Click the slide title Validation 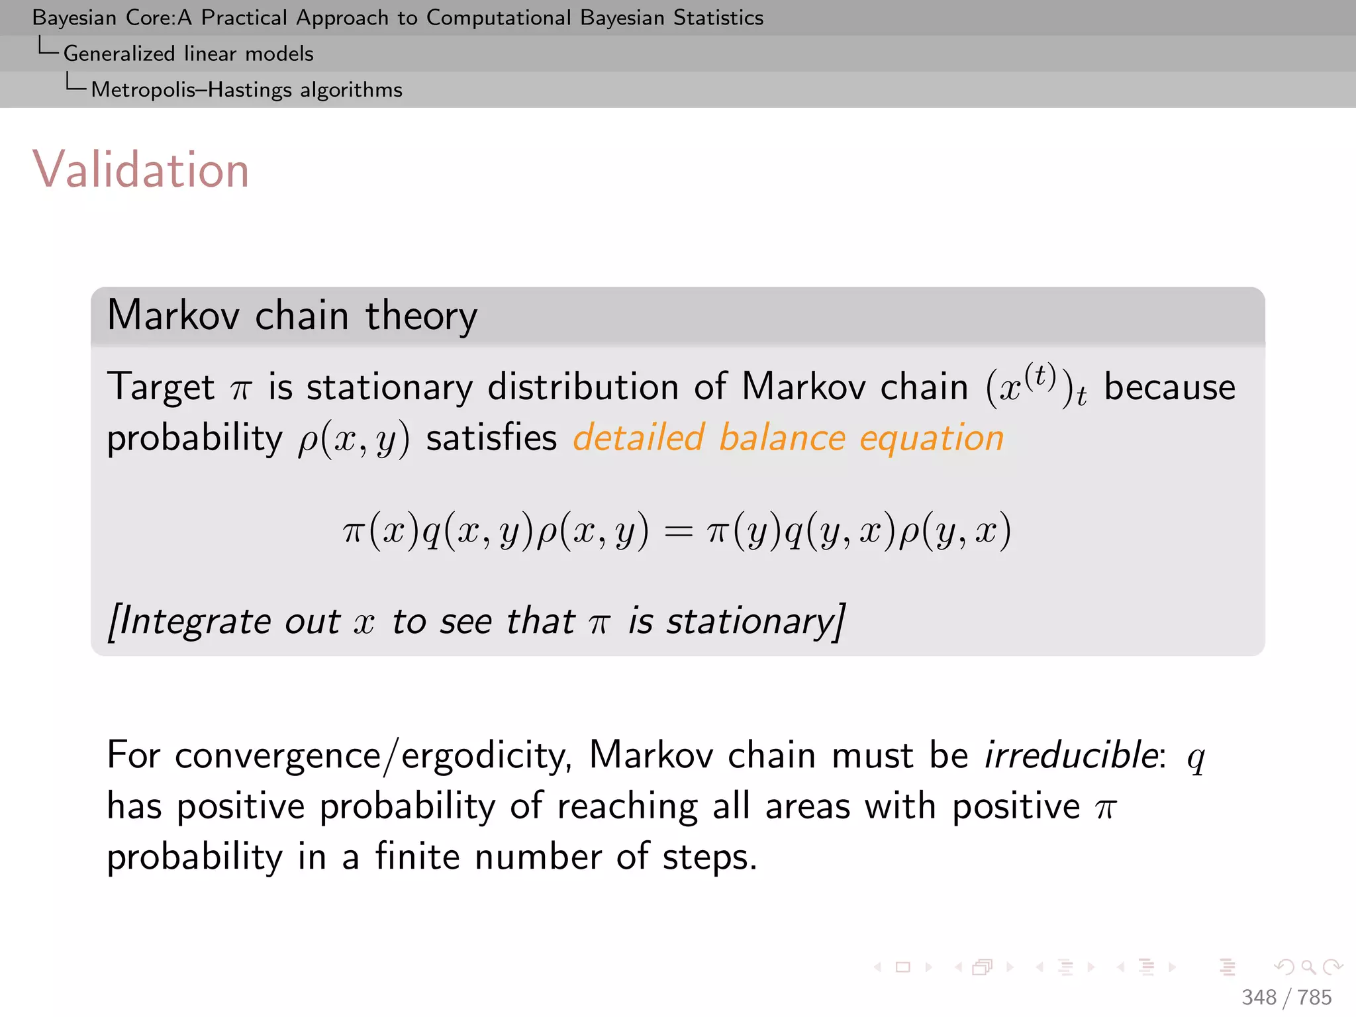point(140,170)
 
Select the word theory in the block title point(421,316)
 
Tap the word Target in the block point(161,387)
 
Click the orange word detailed point(638,438)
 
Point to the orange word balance point(782,438)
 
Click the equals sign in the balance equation point(678,532)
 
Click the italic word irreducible point(1071,755)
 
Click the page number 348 point(1259,997)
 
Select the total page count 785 point(1314,997)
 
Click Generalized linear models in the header point(188,54)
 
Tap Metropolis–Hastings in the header point(191,89)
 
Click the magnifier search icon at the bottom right point(1308,967)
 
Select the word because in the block point(1169,387)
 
